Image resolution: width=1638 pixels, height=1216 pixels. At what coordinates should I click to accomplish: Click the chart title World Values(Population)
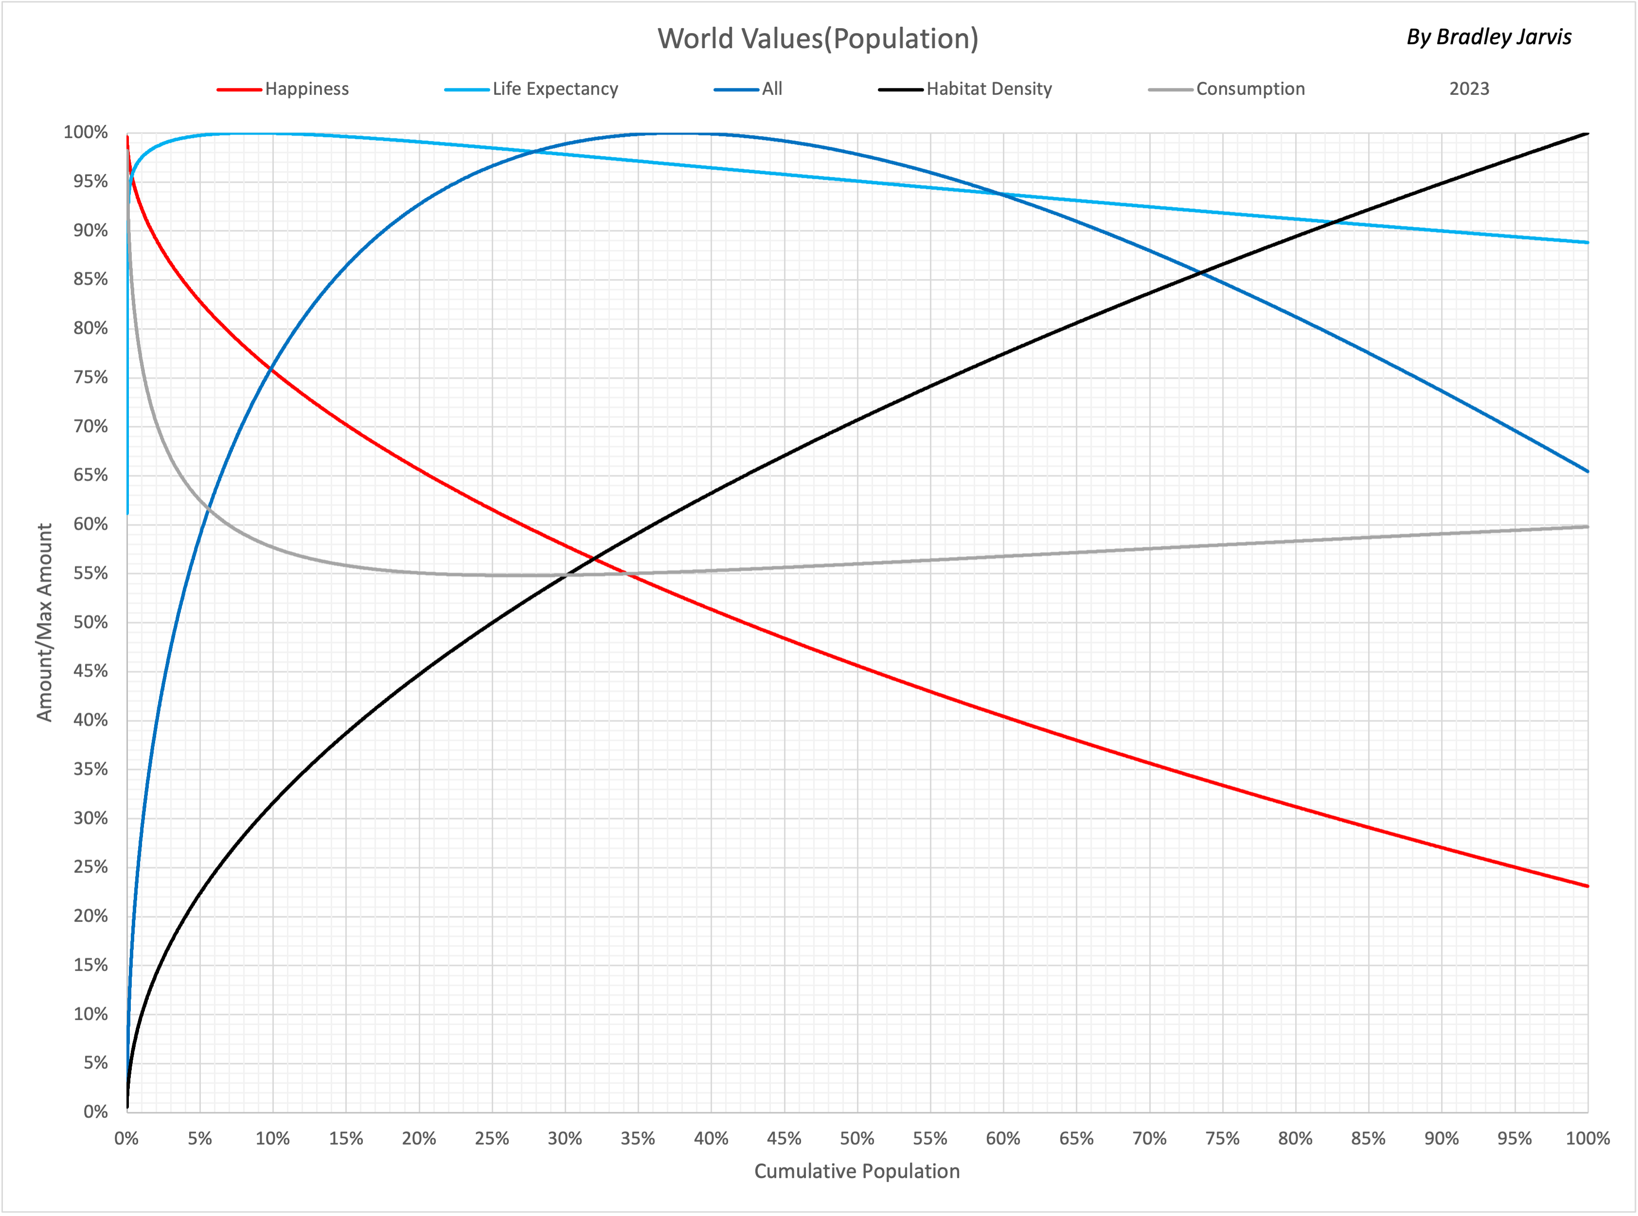818,39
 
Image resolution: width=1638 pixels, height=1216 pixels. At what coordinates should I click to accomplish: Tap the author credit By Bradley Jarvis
1489,37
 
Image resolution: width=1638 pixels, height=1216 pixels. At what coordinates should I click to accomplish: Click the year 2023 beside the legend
1469,89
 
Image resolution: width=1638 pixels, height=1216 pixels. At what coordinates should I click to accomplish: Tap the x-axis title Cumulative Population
856,1171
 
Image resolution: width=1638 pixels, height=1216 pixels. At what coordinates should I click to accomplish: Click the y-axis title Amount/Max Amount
45,622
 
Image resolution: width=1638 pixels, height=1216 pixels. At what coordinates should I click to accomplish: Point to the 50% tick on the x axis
856,1139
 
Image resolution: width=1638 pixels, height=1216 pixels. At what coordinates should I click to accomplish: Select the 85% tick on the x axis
1368,1139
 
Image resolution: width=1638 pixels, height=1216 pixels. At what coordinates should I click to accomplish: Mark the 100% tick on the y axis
86,133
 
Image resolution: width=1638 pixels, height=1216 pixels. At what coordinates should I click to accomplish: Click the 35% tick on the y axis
90,769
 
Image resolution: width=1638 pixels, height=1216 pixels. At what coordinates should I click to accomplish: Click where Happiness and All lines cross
272,368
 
